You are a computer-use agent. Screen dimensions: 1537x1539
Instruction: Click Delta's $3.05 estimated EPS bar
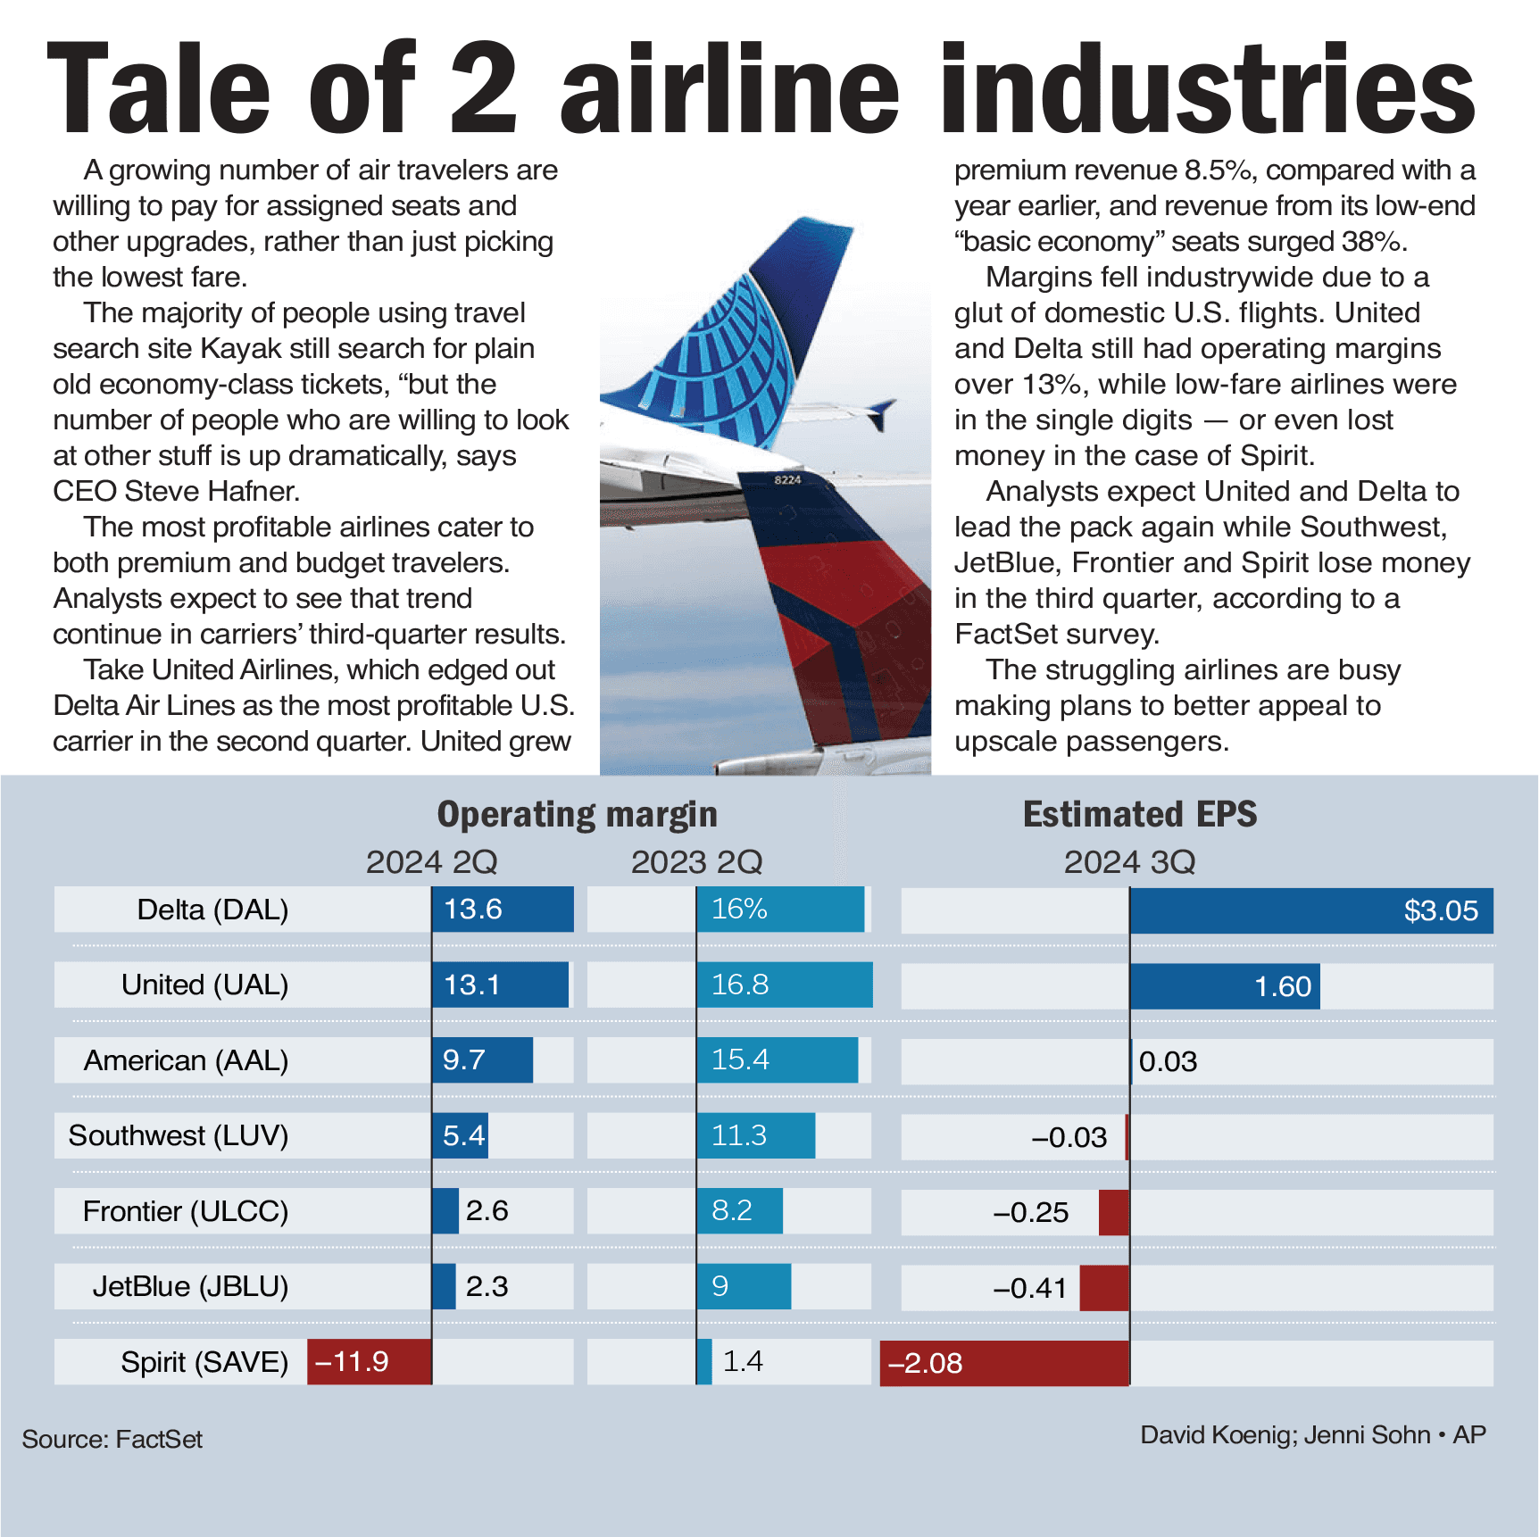[1310, 910]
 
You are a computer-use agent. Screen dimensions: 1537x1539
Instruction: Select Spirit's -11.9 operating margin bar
[369, 1362]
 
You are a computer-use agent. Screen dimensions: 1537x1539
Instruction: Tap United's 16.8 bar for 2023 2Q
[784, 985]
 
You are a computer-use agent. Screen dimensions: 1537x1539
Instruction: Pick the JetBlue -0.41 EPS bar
[1104, 1287]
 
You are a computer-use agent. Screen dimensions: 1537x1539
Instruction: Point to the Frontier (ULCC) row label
[185, 1211]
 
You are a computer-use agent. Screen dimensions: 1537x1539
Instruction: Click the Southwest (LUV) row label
[179, 1135]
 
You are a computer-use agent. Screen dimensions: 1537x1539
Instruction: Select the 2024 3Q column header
[1129, 862]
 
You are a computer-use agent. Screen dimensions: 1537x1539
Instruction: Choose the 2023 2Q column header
[696, 862]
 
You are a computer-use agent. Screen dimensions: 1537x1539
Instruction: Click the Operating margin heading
[577, 814]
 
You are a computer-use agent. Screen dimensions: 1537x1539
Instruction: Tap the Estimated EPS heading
[1139, 814]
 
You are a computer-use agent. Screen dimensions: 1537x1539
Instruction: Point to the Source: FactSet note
[112, 1439]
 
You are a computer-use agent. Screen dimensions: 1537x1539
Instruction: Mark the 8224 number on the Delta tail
[786, 480]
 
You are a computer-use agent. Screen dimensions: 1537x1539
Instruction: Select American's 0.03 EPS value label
[1168, 1061]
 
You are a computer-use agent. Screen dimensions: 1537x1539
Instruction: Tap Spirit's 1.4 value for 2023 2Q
[742, 1361]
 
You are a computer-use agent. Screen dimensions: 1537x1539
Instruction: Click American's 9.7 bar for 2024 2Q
[482, 1060]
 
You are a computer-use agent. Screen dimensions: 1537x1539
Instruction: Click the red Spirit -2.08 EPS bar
[1004, 1363]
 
